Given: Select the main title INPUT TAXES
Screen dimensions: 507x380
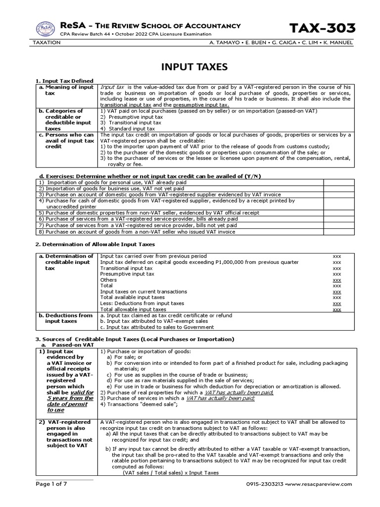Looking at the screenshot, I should tap(190, 66).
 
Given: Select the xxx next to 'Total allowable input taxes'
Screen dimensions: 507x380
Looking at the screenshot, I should tap(337, 309).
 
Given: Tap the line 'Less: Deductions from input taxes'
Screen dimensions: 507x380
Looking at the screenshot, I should tap(142, 304).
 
